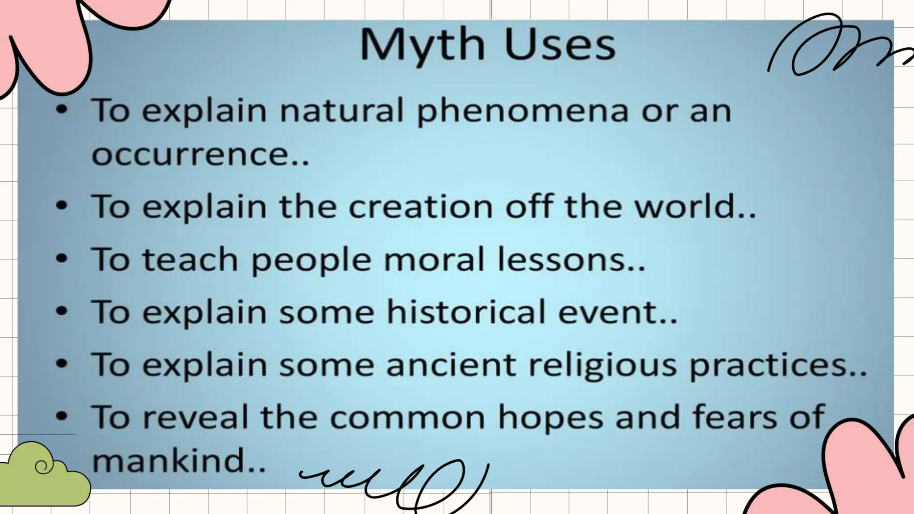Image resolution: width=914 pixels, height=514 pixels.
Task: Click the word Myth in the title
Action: coord(422,45)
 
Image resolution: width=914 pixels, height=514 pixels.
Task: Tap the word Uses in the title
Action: coord(560,45)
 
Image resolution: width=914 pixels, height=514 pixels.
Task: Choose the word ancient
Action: coord(451,365)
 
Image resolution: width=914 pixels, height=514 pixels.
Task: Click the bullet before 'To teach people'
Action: coord(62,259)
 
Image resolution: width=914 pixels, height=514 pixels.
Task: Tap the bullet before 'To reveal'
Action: coord(62,417)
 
